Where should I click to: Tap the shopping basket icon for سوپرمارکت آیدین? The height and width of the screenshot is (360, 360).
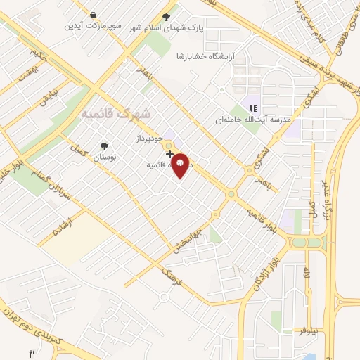[94, 15]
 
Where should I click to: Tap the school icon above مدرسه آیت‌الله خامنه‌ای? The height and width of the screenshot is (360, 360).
[252, 108]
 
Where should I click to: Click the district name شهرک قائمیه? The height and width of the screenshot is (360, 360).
[116, 112]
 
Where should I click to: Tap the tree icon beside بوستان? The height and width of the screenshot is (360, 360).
[104, 146]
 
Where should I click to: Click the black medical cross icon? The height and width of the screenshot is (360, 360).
[169, 153]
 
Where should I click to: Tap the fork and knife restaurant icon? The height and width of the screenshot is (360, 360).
[32, 353]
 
